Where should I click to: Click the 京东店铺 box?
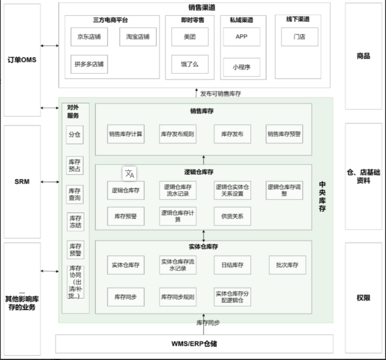pos(89,37)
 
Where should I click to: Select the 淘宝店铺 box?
pos(138,37)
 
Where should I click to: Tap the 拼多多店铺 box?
pos(89,64)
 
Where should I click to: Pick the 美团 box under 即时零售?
pos(190,37)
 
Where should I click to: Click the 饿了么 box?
pos(190,64)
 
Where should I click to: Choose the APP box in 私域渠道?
pos(241,37)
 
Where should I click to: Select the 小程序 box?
pos(241,67)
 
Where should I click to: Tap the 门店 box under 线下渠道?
pos(300,37)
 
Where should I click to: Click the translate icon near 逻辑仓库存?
pos(129,173)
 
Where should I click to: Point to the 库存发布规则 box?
pos(178,134)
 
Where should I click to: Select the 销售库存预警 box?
pos(284,134)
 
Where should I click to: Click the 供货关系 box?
pos(232,216)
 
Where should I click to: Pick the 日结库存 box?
pos(232,265)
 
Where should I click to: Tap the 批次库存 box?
pos(287,265)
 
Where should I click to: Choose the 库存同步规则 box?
pos(178,297)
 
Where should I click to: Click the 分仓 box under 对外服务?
pos(75,135)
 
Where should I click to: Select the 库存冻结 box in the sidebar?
pos(75,222)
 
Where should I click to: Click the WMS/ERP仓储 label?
pos(194,344)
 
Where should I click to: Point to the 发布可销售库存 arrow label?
pos(221,94)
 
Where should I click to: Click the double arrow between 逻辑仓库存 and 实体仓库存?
pos(204,236)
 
